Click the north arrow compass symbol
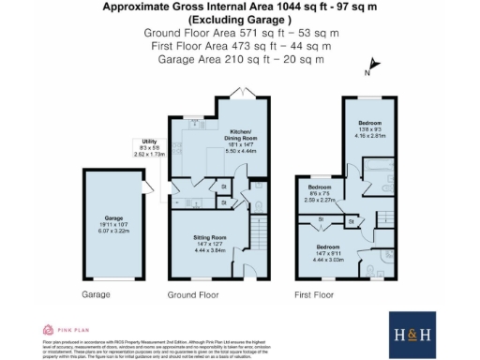[373, 66]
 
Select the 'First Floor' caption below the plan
[314, 294]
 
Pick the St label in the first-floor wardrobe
[321, 219]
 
